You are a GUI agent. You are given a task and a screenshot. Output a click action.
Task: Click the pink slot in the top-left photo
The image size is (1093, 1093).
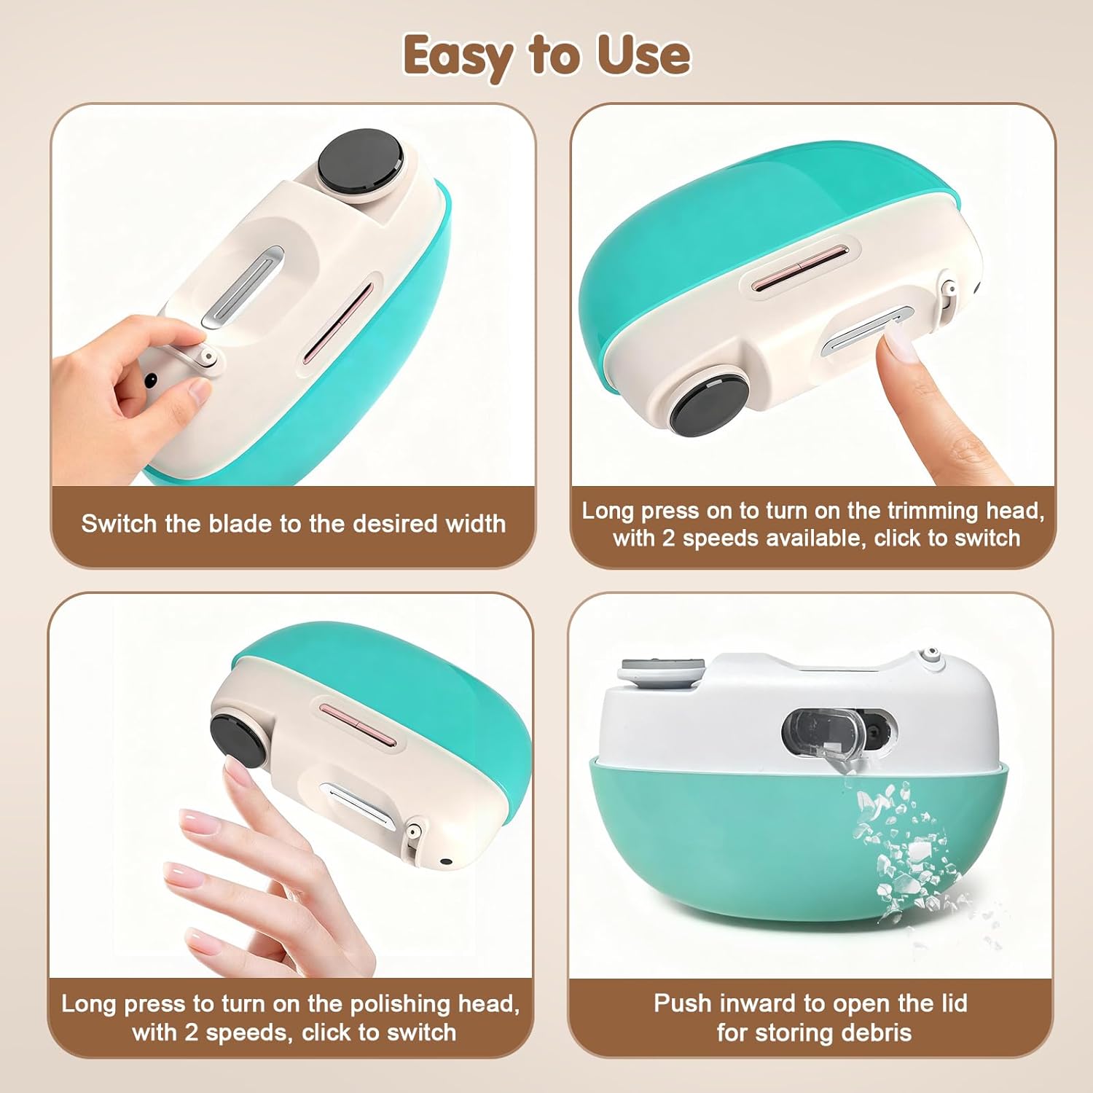(338, 323)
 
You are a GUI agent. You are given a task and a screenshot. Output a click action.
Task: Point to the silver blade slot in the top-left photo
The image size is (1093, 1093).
(243, 287)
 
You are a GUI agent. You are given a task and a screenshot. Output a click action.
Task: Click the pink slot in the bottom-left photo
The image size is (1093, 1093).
(359, 723)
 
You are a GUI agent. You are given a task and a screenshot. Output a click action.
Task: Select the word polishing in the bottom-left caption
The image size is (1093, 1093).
(400, 1004)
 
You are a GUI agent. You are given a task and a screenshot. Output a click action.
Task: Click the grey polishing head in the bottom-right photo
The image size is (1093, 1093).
(662, 670)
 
